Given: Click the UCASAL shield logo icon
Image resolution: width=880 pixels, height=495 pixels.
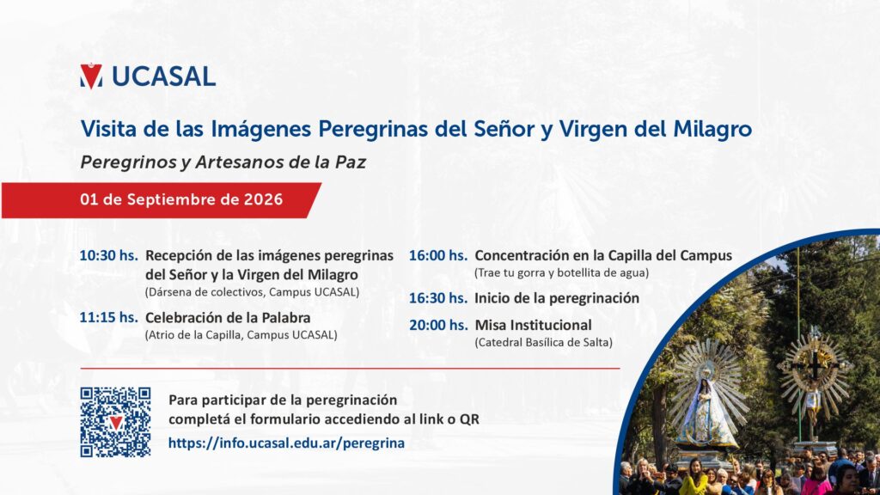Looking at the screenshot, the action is click(91, 76).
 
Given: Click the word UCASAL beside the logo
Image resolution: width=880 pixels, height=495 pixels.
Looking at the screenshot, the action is click(164, 76).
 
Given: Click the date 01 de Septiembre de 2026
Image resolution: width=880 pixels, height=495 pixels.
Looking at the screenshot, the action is click(181, 199).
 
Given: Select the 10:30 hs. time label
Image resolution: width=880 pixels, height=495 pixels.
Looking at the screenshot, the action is click(108, 255).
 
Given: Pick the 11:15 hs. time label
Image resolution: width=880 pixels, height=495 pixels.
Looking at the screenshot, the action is click(108, 318).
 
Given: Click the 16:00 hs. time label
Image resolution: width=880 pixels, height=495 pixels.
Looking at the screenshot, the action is click(437, 255).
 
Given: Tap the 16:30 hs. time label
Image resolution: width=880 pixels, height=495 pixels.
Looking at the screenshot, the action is click(437, 298).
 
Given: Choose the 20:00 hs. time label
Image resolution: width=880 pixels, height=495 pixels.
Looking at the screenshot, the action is click(437, 325).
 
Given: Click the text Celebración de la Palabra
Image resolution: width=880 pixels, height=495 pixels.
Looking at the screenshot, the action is click(228, 318).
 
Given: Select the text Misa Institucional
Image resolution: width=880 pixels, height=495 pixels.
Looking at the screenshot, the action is click(533, 325).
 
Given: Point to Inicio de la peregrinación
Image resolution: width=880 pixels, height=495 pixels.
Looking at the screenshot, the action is click(557, 298).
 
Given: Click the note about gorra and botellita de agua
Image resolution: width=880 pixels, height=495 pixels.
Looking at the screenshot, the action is click(561, 272).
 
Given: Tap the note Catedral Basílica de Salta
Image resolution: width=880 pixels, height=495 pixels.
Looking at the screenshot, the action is click(543, 342).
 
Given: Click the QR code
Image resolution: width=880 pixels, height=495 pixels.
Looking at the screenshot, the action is click(116, 422).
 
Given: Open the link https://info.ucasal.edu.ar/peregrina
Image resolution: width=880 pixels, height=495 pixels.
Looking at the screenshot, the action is click(286, 443).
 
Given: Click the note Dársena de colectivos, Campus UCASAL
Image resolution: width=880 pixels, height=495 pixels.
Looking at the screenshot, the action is click(252, 292).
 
